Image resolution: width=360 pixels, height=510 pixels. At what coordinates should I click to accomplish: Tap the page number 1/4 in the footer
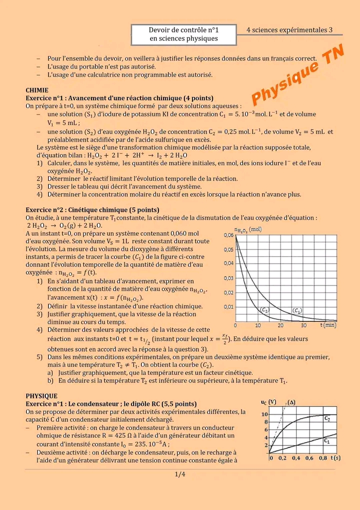[180, 474]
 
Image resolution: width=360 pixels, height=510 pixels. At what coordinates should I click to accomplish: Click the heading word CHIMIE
[37, 90]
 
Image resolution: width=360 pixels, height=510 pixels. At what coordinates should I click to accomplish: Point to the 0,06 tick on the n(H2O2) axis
[227, 235]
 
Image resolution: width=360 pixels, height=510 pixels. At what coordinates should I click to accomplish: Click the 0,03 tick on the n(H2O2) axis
[227, 278]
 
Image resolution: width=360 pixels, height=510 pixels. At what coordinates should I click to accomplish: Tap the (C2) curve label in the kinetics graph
[265, 310]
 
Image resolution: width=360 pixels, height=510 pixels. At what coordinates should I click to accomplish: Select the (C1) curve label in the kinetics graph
[297, 310]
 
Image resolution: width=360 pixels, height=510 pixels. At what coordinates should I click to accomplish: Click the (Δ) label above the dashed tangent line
[291, 402]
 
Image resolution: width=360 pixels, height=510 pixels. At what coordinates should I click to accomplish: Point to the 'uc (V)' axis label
[268, 402]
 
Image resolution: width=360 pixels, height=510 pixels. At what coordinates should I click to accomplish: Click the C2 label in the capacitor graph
[327, 418]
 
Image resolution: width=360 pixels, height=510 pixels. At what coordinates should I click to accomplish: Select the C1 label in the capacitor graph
[326, 441]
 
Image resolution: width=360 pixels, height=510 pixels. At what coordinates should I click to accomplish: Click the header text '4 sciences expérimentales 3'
[290, 30]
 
